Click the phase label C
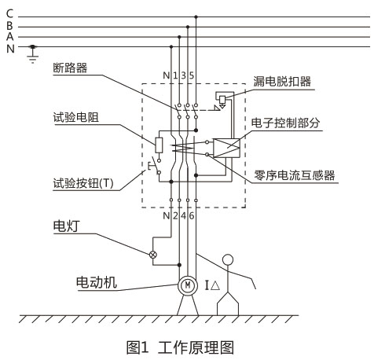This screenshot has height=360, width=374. (x=9, y=14)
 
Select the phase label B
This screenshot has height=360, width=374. (x=9, y=25)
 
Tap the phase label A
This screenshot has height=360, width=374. (x=9, y=36)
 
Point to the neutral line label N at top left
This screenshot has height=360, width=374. (x=9, y=48)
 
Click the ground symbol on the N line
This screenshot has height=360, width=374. (x=31, y=55)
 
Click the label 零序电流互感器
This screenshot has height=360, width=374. (x=300, y=175)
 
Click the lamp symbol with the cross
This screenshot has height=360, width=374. (x=154, y=254)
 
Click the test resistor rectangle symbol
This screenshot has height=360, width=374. (x=159, y=145)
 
